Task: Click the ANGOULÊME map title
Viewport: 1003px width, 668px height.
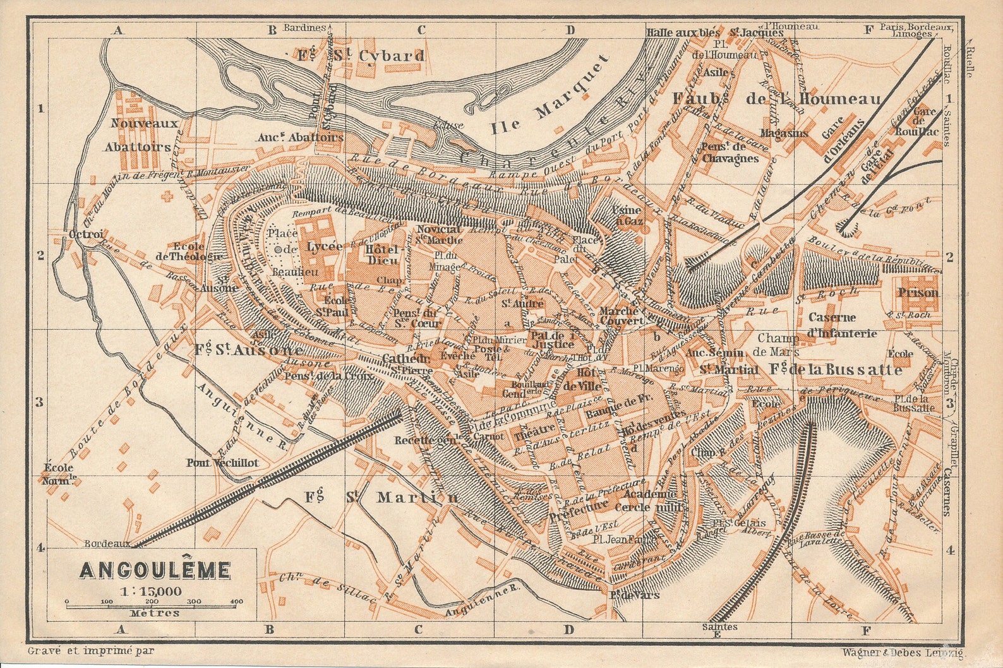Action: tap(154, 570)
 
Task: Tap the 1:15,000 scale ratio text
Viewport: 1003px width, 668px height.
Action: tap(152, 591)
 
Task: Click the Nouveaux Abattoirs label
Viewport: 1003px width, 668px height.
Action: tap(143, 135)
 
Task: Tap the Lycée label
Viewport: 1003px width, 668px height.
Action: tap(324, 246)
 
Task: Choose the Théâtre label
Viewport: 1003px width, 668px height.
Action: tap(530, 435)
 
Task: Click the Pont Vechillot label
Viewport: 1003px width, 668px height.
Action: tap(222, 462)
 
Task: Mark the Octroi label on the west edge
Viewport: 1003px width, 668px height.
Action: tap(81, 234)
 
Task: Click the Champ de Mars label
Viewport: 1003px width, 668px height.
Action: tap(778, 345)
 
